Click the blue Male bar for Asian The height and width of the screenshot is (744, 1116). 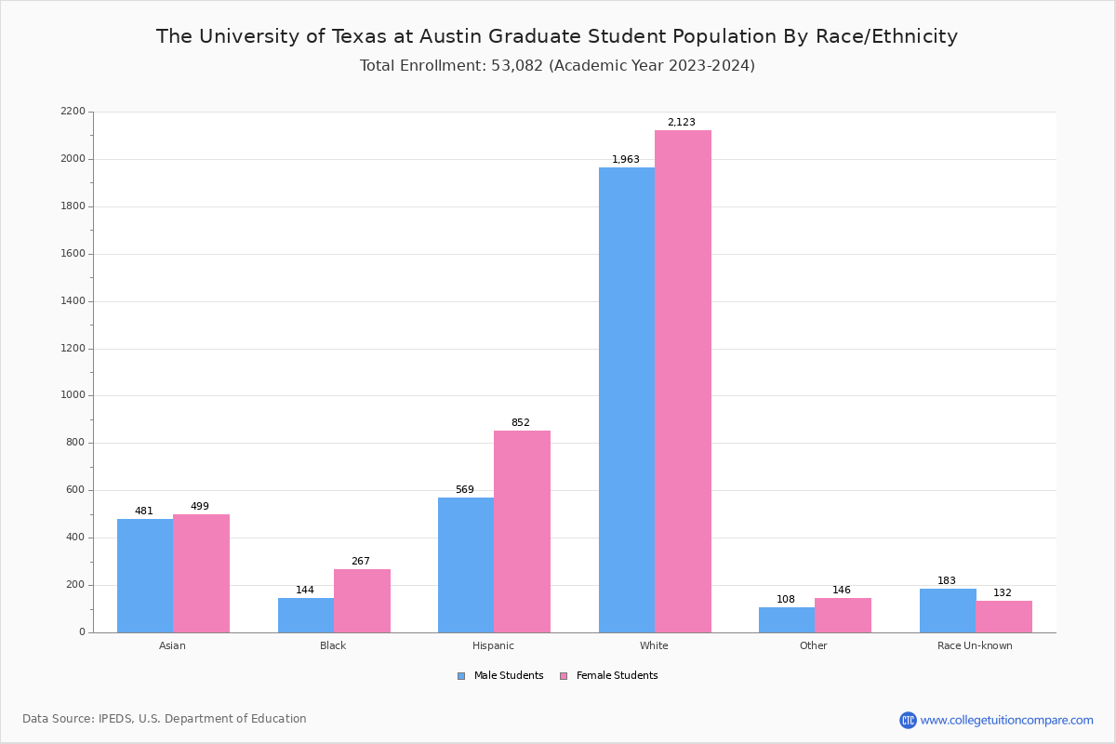[145, 576]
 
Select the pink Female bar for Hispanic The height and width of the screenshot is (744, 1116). [522, 531]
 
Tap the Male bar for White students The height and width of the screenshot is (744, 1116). [627, 400]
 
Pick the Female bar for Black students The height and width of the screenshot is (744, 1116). [362, 601]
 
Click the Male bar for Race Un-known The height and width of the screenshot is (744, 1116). [948, 610]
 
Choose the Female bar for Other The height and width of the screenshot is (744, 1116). [843, 615]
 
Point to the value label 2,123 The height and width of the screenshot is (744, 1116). [681, 123]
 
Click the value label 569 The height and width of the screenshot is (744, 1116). [464, 490]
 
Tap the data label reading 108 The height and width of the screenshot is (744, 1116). [786, 600]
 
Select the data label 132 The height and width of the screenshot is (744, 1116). [1003, 593]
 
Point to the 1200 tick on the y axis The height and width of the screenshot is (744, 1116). [72, 349]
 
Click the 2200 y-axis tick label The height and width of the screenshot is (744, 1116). [72, 112]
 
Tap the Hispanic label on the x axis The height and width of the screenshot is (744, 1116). [493, 645]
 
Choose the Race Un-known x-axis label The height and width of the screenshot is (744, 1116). [975, 645]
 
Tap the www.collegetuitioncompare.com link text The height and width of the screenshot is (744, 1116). [1006, 720]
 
